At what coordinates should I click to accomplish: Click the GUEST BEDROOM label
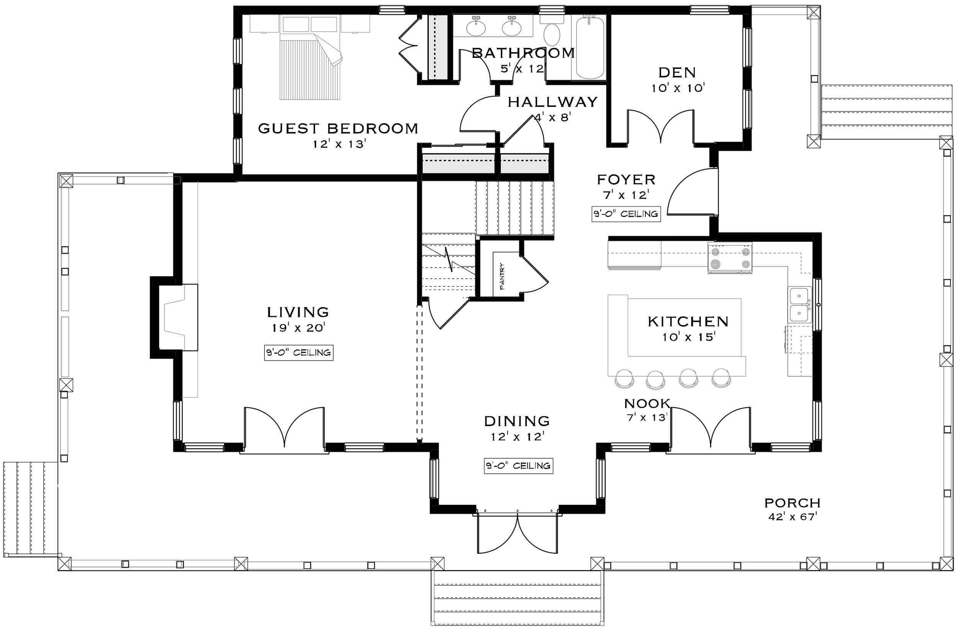pyautogui.click(x=338, y=129)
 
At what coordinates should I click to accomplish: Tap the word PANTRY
pyautogui.click(x=502, y=276)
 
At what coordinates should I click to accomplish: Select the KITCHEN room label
pyautogui.click(x=688, y=321)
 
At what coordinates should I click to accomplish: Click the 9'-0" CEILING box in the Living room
pyautogui.click(x=299, y=353)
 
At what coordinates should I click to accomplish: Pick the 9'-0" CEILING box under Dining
pyautogui.click(x=518, y=466)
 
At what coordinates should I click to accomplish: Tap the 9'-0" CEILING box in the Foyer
pyautogui.click(x=625, y=214)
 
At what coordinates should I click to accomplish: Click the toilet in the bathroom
pyautogui.click(x=552, y=30)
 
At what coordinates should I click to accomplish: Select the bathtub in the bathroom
pyautogui.click(x=590, y=47)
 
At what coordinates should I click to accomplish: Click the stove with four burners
pyautogui.click(x=730, y=258)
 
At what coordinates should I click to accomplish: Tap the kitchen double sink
pyautogui.click(x=799, y=305)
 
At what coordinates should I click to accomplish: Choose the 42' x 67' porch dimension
pyautogui.click(x=792, y=516)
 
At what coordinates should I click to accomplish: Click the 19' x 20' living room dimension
pyautogui.click(x=298, y=328)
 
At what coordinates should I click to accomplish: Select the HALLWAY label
pyautogui.click(x=553, y=102)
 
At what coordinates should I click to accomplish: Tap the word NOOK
pyautogui.click(x=647, y=403)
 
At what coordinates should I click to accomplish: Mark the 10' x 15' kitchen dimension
pyautogui.click(x=688, y=337)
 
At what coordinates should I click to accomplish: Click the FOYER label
pyautogui.click(x=626, y=180)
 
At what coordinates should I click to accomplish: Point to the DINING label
pyautogui.click(x=517, y=421)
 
